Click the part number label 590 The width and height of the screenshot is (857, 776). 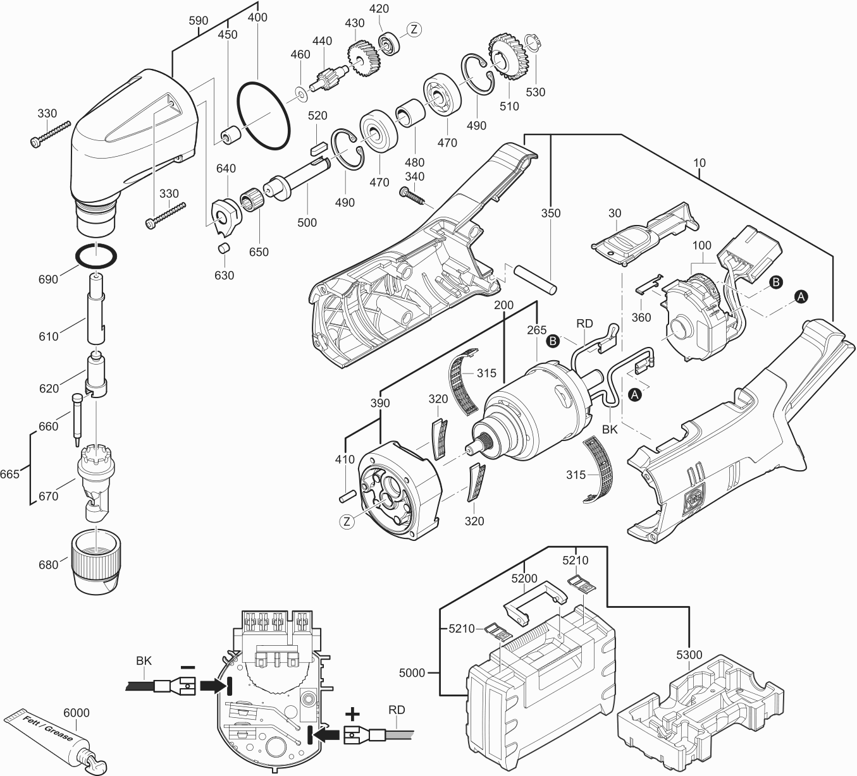(199, 21)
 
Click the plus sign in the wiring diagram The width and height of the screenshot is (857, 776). (352, 714)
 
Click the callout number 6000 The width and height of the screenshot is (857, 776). (77, 712)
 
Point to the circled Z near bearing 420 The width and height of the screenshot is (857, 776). (414, 29)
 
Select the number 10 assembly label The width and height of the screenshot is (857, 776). (699, 163)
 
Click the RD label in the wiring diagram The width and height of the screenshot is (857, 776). (397, 710)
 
